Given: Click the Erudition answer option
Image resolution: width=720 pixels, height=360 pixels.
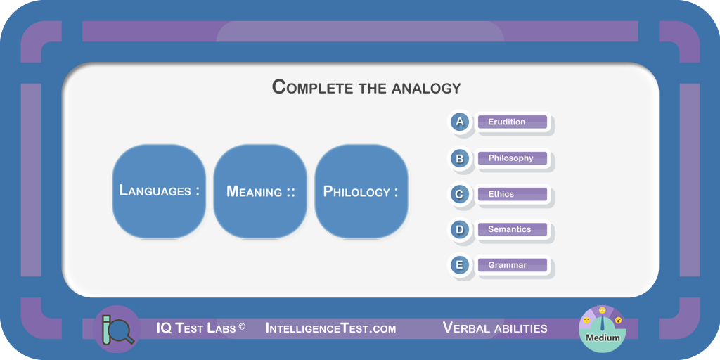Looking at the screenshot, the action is [x=513, y=122].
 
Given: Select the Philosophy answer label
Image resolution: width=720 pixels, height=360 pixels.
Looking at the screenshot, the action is [x=513, y=158].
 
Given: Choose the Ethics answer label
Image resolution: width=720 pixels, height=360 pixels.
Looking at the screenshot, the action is [x=513, y=194].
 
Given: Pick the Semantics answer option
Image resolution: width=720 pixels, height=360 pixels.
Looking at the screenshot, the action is [x=513, y=229].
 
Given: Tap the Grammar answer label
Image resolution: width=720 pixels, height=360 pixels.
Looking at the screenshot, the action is [x=513, y=265].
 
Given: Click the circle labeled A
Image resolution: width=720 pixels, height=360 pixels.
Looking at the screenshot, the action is [x=460, y=122].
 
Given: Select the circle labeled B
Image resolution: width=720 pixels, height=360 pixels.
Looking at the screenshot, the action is [x=460, y=158].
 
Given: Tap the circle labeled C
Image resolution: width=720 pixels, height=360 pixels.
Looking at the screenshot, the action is [x=460, y=194].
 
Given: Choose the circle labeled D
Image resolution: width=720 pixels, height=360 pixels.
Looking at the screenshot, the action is [x=460, y=230].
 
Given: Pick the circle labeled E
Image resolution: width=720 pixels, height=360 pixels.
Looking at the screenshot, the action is [x=460, y=265].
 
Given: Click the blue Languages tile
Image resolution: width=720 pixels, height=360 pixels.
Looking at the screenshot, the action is [x=160, y=191].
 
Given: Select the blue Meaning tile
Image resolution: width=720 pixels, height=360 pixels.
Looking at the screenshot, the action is [x=260, y=191].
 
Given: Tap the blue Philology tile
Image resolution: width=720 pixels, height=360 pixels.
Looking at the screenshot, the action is [x=361, y=191].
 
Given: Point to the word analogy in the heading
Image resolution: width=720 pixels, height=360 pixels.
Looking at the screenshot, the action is [x=426, y=88].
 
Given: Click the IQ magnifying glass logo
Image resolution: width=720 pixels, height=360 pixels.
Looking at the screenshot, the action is [x=117, y=329].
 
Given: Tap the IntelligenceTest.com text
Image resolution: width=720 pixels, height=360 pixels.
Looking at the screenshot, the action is [x=330, y=328].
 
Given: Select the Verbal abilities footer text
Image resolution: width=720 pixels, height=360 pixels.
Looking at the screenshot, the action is [x=495, y=328].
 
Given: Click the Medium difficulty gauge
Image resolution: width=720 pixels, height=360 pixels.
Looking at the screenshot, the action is [x=603, y=329].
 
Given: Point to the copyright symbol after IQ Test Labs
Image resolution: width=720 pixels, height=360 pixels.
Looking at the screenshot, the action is [x=242, y=326].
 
